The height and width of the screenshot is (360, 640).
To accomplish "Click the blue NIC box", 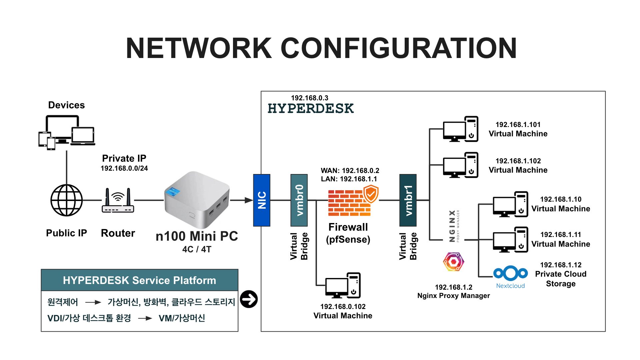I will click(262, 200).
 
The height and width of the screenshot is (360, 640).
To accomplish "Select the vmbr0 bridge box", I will click(299, 200).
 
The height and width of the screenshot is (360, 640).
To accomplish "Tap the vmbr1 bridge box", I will click(408, 200).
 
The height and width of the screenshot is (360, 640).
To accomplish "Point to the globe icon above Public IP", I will click(67, 200).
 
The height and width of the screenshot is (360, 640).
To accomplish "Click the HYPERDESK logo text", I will click(310, 109).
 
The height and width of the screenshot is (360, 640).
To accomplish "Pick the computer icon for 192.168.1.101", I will click(461, 129).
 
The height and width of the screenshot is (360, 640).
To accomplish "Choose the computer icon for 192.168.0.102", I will click(343, 286).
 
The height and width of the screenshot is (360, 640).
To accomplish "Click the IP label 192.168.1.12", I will click(561, 265).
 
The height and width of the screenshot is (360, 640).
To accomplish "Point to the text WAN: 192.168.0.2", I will click(350, 171).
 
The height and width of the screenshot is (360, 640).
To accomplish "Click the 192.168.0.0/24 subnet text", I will click(124, 168).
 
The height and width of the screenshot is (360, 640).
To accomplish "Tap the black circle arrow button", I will click(249, 299).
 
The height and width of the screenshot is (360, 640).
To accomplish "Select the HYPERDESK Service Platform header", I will click(140, 280).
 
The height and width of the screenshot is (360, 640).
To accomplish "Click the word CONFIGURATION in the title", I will click(399, 48).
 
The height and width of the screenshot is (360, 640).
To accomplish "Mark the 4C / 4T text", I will click(197, 249).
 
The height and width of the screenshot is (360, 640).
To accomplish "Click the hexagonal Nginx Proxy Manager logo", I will click(453, 262).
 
